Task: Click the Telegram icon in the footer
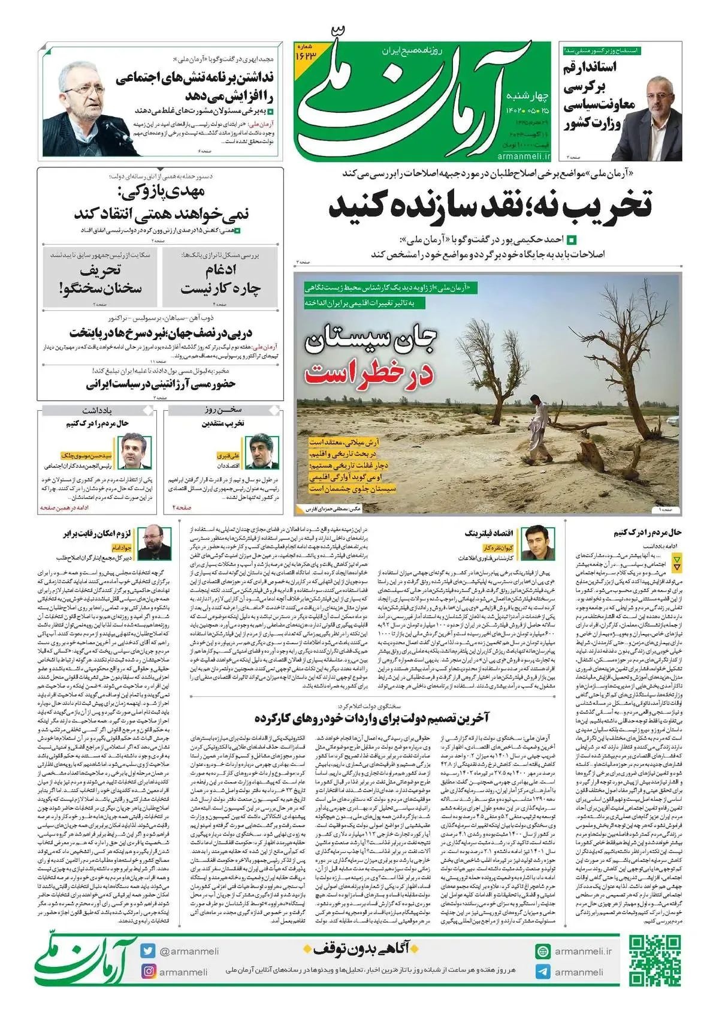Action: pyautogui.click(x=543, y=972)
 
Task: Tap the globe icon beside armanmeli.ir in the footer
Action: pyautogui.click(x=543, y=951)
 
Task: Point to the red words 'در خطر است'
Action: pyautogui.click(x=369, y=374)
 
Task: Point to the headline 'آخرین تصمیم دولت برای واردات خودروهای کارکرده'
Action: pyautogui.click(x=371, y=718)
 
